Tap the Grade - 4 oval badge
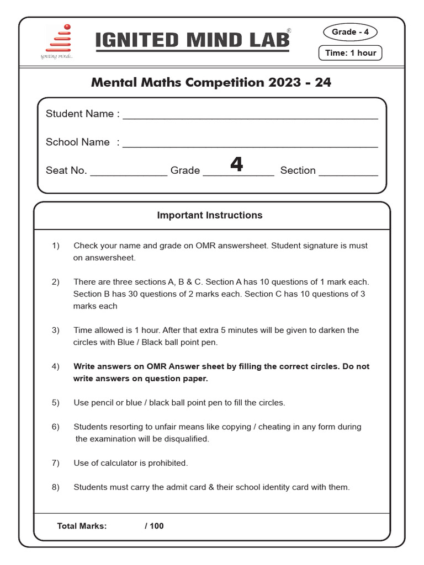[x=350, y=32]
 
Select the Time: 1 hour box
[x=351, y=53]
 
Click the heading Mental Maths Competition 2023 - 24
[x=211, y=83]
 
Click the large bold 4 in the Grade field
[x=236, y=164]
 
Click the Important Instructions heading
[x=210, y=215]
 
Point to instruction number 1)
[x=56, y=246]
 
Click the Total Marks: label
[x=82, y=526]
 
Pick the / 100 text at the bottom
[x=154, y=526]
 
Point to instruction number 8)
[x=56, y=487]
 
